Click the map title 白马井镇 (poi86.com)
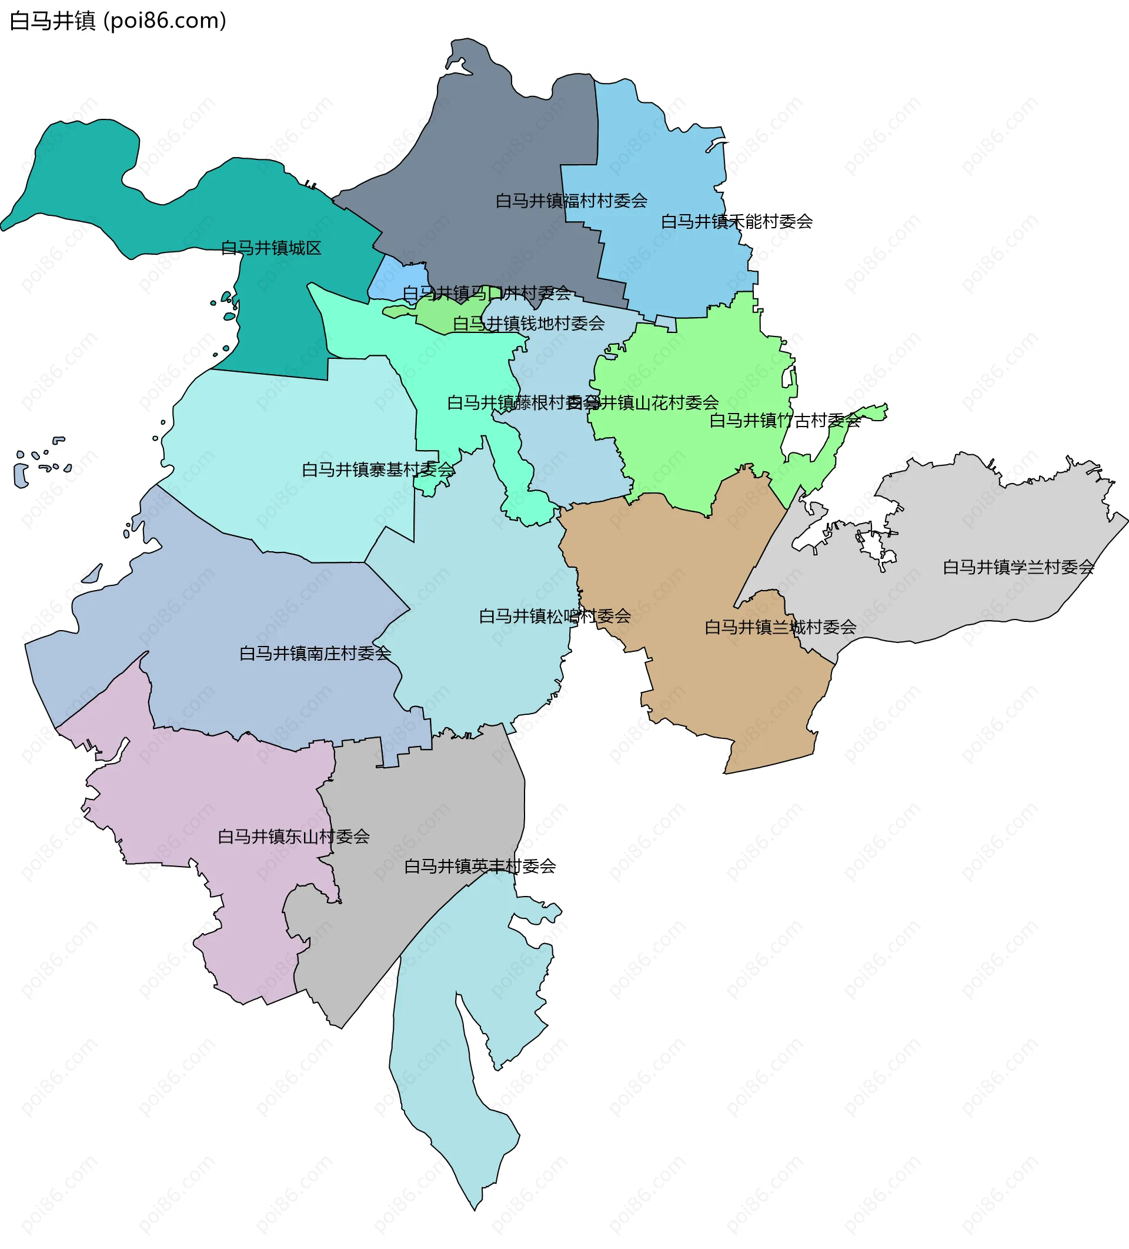pyautogui.click(x=118, y=21)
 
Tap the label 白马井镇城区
pyautogui.click(x=271, y=248)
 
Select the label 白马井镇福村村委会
pyautogui.click(x=571, y=201)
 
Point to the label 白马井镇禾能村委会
pyautogui.click(x=736, y=221)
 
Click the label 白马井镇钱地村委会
pyautogui.click(x=528, y=324)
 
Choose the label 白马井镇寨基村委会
pyautogui.click(x=378, y=469)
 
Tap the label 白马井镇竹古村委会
pyautogui.click(x=784, y=421)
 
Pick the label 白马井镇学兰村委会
pyautogui.click(x=1018, y=567)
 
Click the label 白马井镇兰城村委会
pyautogui.click(x=780, y=627)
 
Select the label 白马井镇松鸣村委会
pyautogui.click(x=555, y=616)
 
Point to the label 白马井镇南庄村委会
pyautogui.click(x=315, y=653)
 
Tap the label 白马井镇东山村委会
pyautogui.click(x=293, y=837)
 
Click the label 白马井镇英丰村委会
pyautogui.click(x=479, y=866)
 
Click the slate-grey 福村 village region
pyautogui.click(x=496, y=149)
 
